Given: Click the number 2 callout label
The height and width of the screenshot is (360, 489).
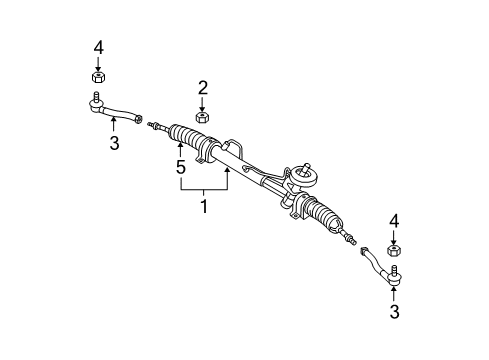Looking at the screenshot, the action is pyautogui.click(x=202, y=88).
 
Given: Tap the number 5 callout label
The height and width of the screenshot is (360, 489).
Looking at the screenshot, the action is pyautogui.click(x=181, y=167).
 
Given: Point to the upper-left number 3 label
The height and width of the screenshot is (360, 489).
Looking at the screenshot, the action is pyautogui.click(x=113, y=143).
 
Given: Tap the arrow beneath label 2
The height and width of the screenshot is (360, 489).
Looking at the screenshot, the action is pyautogui.click(x=202, y=104).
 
